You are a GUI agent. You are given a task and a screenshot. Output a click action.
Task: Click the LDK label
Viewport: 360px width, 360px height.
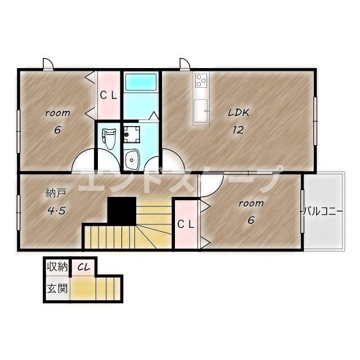pyautogui.click(x=238, y=112)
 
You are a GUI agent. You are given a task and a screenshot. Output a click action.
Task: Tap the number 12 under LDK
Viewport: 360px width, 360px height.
pyautogui.click(x=238, y=130)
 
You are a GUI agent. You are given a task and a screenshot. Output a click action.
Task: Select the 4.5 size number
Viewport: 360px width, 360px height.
pyautogui.click(x=56, y=210)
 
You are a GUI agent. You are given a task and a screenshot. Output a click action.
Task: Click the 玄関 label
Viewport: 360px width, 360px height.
pyautogui.click(x=57, y=289)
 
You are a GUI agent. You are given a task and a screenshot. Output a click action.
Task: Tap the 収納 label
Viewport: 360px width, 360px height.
pyautogui.click(x=57, y=267)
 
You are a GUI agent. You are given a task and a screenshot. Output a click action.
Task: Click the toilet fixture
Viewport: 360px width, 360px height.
pyautogui.click(x=109, y=138)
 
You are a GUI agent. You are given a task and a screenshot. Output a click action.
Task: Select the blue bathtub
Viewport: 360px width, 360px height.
pyautogui.click(x=141, y=82)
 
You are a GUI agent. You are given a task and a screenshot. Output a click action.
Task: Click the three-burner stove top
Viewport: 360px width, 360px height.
pyautogui.click(x=201, y=80)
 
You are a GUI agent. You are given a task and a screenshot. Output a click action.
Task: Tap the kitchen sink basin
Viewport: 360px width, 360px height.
pyautogui.click(x=201, y=111)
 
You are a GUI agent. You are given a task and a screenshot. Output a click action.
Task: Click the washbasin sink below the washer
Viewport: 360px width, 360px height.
pyautogui.click(x=132, y=159)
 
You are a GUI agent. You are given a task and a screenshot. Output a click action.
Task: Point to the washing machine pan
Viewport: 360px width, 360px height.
pyautogui.click(x=132, y=134)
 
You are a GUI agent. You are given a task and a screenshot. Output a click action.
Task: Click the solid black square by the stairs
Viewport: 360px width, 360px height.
pyautogui.click(x=121, y=211)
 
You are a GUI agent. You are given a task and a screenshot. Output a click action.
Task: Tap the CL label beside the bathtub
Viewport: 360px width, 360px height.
pyautogui.click(x=109, y=96)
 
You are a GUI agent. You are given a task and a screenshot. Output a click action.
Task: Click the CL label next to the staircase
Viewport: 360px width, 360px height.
pyautogui.click(x=186, y=224)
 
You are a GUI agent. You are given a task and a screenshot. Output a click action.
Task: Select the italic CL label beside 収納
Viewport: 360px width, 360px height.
pyautogui.click(x=83, y=267)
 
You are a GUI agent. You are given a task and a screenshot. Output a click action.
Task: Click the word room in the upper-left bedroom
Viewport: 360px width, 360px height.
pyautogui.click(x=58, y=113)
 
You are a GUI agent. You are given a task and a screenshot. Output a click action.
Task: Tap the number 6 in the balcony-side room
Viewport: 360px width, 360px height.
pyautogui.click(x=251, y=220)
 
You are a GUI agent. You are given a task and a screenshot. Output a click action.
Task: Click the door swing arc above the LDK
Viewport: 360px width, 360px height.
pyautogui.click(x=185, y=64)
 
